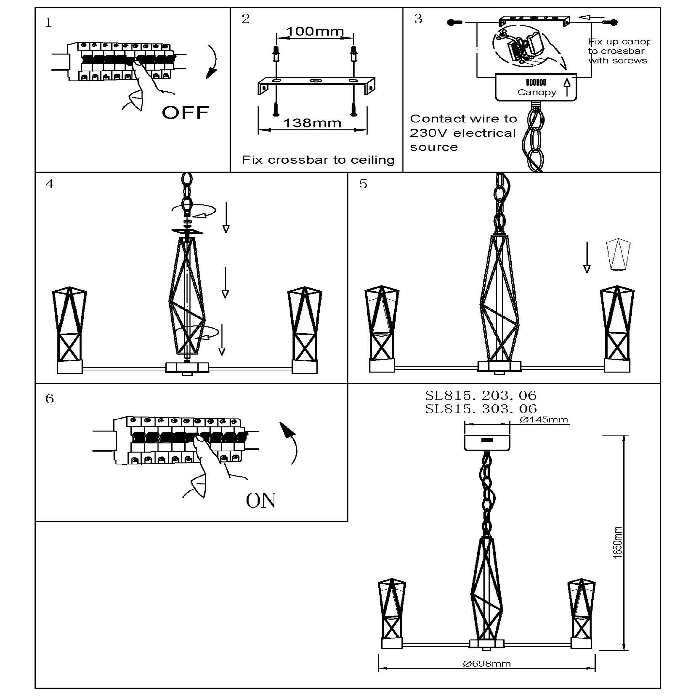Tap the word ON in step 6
pyautogui.click(x=261, y=500)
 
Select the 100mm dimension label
pyautogui.click(x=315, y=31)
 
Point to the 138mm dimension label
pyautogui.click(x=312, y=123)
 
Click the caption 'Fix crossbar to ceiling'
pyautogui.click(x=318, y=160)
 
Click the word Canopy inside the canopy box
pyautogui.click(x=537, y=92)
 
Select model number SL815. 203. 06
pyautogui.click(x=480, y=396)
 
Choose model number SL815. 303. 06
pyautogui.click(x=480, y=409)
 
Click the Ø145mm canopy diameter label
pyautogui.click(x=544, y=420)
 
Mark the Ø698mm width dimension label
pyautogui.click(x=487, y=663)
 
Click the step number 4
pyautogui.click(x=50, y=184)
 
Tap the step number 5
pyautogui.click(x=363, y=184)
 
